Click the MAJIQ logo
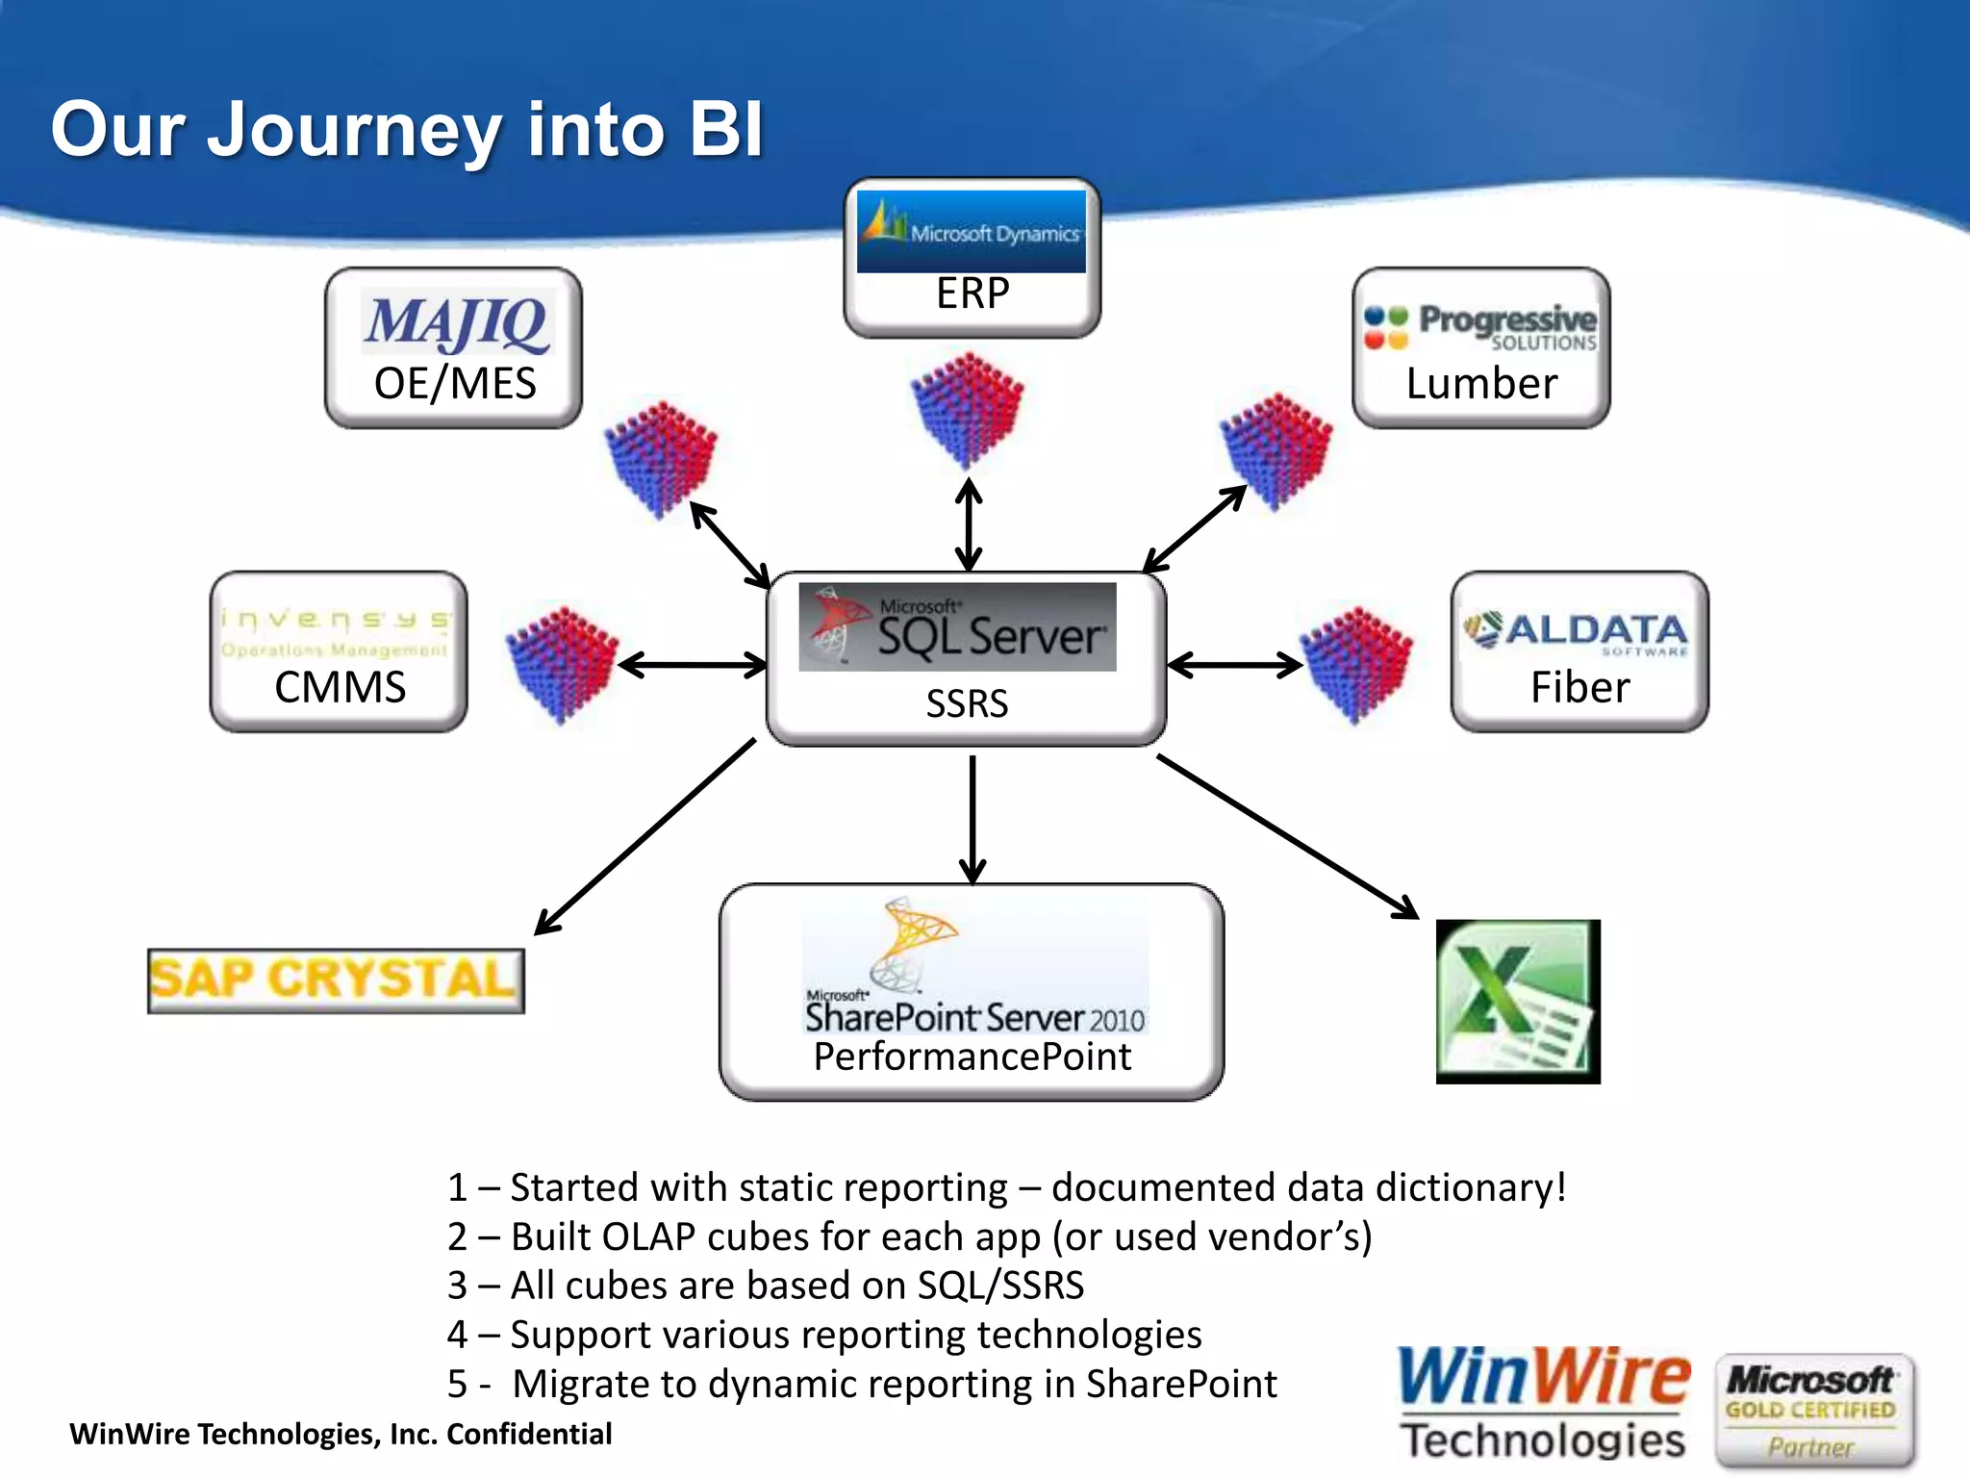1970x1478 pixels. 456,323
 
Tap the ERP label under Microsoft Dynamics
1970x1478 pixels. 972,293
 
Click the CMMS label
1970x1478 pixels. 340,687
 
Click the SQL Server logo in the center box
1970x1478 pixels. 957,627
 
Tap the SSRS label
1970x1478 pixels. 967,704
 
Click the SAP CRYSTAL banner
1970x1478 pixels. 336,981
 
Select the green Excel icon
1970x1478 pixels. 1518,1002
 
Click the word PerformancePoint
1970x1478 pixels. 972,1057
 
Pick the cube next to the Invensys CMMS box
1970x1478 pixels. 562,663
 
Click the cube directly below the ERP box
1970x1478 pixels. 968,409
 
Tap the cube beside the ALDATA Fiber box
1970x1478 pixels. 1356,663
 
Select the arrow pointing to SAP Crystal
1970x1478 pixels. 644,837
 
